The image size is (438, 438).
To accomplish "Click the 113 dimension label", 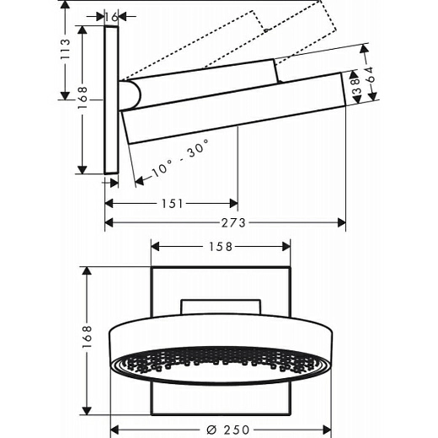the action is coord(65,49).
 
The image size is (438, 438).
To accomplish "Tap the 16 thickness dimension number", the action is coord(111,17).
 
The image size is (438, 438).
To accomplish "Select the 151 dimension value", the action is coord(172,204).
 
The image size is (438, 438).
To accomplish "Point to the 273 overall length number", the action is coord(233,223).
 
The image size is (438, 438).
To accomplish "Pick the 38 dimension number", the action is coord(356,86).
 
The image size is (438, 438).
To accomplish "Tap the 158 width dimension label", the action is coord(221,247).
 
